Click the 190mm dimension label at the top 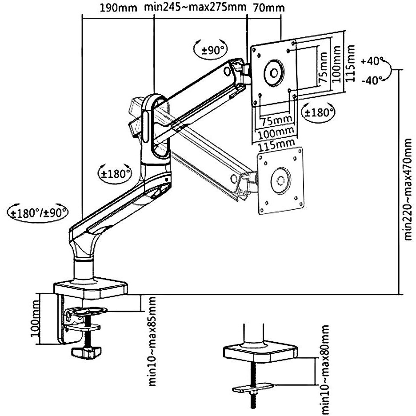tap(118, 8)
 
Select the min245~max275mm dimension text tap(195, 7)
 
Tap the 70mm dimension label tap(269, 8)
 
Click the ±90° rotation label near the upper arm tap(212, 50)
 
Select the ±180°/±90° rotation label tap(38, 213)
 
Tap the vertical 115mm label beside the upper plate tap(350, 64)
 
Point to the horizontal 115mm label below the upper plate tap(276, 144)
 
